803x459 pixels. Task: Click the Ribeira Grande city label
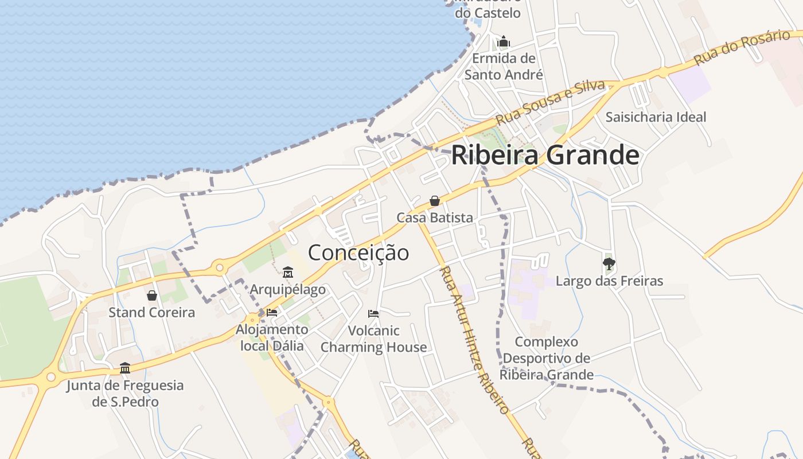point(545,155)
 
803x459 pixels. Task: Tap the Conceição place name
point(358,252)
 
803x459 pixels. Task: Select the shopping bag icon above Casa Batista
point(435,201)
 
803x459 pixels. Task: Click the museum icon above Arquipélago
point(288,272)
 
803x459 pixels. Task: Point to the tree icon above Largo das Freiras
point(609,264)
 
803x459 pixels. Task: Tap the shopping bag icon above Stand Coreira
point(152,295)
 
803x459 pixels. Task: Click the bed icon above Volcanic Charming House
point(373,314)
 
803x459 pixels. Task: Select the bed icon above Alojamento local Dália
point(272,313)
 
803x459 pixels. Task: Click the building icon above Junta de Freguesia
point(125,368)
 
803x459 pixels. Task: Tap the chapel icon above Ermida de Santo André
point(504,41)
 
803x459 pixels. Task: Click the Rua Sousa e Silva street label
point(551,103)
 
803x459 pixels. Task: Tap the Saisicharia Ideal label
point(656,117)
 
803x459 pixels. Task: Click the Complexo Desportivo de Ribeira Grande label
point(546,358)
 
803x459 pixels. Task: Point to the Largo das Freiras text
point(609,281)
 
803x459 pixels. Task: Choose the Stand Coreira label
point(152,313)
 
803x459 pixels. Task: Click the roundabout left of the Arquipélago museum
point(219,267)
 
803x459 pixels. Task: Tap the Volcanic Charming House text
point(373,339)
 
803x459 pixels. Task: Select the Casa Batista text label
point(435,218)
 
